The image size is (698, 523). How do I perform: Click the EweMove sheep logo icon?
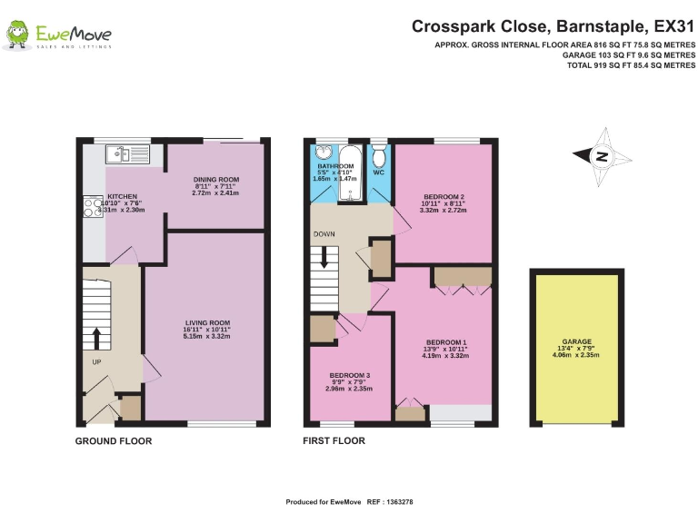[17, 35]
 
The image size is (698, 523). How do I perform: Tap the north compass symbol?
[601, 155]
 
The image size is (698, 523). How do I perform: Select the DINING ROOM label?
[215, 180]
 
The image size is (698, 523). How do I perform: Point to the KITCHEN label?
[122, 196]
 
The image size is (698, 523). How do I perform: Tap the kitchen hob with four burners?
[93, 208]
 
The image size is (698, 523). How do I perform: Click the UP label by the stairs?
[95, 361]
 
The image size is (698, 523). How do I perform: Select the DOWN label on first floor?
[324, 233]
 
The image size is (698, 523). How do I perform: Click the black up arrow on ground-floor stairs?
[96, 339]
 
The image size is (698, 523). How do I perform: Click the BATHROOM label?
[334, 167]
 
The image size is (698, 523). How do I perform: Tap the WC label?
[379, 172]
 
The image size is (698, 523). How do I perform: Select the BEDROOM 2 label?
[444, 196]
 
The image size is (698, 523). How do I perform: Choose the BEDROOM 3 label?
[349, 375]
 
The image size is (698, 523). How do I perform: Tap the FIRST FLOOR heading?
[334, 441]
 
